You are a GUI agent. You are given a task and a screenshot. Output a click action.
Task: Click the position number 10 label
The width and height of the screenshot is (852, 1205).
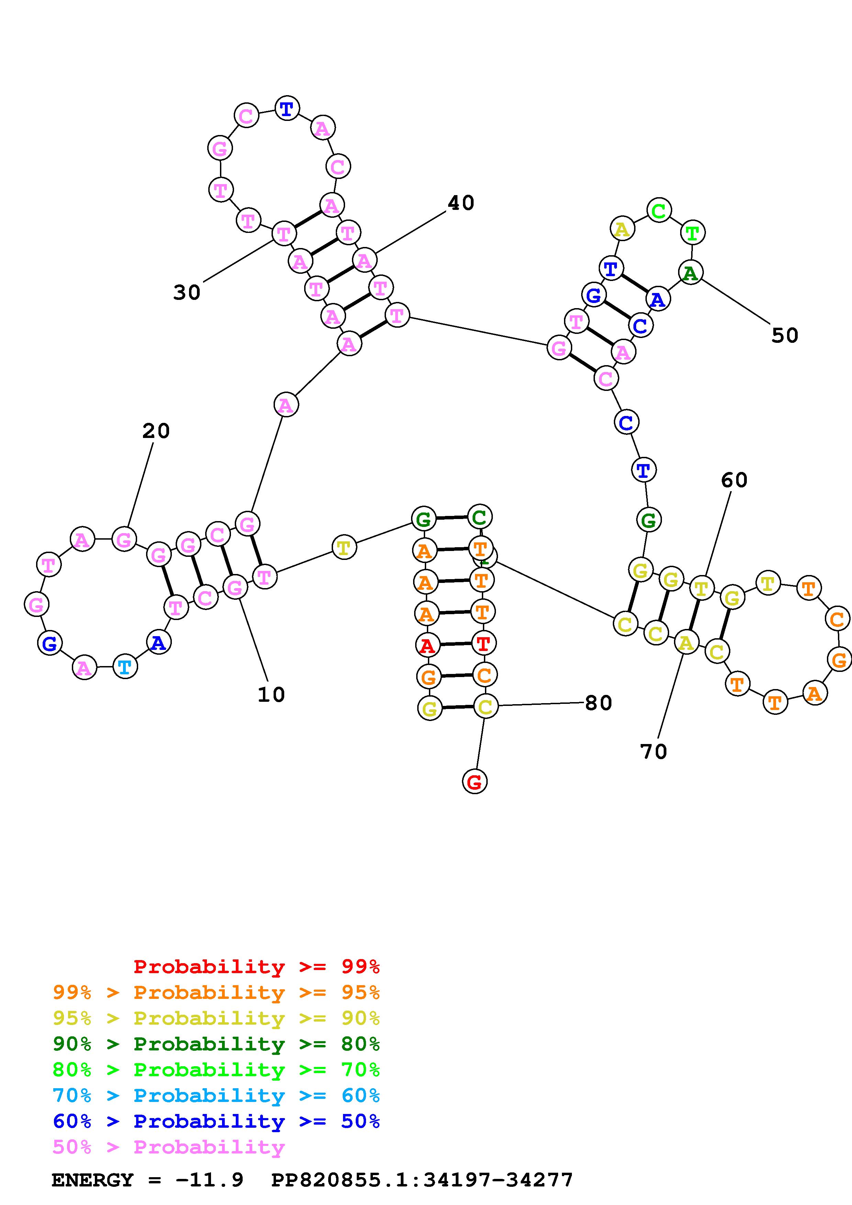[271, 694]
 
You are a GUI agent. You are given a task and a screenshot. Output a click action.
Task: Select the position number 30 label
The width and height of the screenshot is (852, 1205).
[187, 292]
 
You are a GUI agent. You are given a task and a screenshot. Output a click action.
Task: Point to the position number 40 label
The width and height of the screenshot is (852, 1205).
[461, 203]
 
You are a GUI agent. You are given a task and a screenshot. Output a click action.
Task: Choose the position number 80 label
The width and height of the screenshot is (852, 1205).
[598, 703]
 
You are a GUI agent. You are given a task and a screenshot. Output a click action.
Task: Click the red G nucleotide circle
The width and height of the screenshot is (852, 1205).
[475, 782]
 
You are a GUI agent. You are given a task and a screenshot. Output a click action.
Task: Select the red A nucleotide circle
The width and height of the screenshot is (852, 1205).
[427, 645]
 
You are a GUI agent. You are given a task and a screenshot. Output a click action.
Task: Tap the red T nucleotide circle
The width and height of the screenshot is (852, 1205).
[483, 643]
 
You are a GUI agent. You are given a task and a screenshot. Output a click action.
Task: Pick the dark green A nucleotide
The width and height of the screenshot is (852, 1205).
[690, 272]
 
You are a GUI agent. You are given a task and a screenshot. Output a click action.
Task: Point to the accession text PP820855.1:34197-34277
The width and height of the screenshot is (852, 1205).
[422, 1180]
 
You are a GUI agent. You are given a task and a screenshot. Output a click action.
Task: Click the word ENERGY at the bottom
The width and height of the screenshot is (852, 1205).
[92, 1180]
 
